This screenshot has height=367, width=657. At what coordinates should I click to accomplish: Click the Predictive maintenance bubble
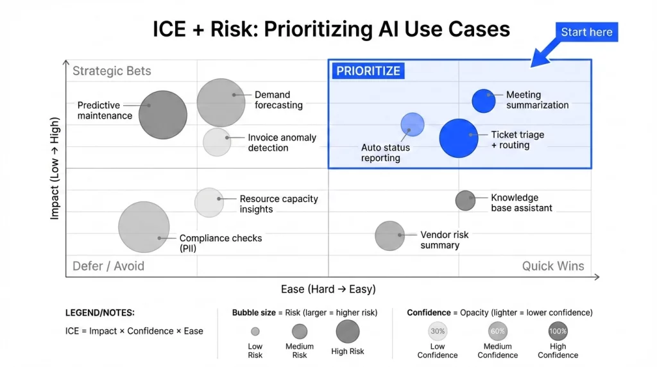click(163, 115)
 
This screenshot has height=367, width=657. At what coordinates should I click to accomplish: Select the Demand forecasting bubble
click(221, 102)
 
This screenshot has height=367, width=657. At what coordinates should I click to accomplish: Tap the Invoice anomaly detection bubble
click(217, 142)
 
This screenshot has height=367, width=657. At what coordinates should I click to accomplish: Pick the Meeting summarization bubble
click(484, 101)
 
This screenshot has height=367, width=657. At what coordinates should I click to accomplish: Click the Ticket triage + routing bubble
click(459, 138)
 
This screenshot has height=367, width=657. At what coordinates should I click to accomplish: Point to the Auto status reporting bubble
click(413, 124)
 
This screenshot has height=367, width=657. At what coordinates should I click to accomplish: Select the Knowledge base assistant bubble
click(465, 200)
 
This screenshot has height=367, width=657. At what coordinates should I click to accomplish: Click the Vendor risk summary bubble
click(389, 235)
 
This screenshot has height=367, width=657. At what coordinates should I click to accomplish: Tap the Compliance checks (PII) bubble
click(144, 227)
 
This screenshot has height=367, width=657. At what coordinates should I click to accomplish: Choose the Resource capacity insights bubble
click(209, 203)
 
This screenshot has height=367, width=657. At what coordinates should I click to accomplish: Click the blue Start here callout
click(586, 32)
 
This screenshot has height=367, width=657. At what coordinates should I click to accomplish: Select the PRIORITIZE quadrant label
click(368, 71)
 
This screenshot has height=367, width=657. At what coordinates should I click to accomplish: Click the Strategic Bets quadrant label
click(112, 71)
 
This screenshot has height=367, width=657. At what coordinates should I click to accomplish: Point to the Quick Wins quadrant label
click(552, 266)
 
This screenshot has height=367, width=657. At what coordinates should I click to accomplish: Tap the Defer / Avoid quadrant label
click(108, 266)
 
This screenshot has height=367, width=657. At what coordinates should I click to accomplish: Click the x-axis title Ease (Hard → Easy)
click(328, 289)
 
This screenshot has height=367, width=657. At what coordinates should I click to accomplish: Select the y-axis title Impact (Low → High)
click(55, 168)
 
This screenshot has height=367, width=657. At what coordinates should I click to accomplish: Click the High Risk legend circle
click(348, 332)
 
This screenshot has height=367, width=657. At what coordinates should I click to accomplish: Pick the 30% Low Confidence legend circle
click(438, 331)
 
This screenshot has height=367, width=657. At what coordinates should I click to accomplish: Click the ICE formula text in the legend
click(134, 331)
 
